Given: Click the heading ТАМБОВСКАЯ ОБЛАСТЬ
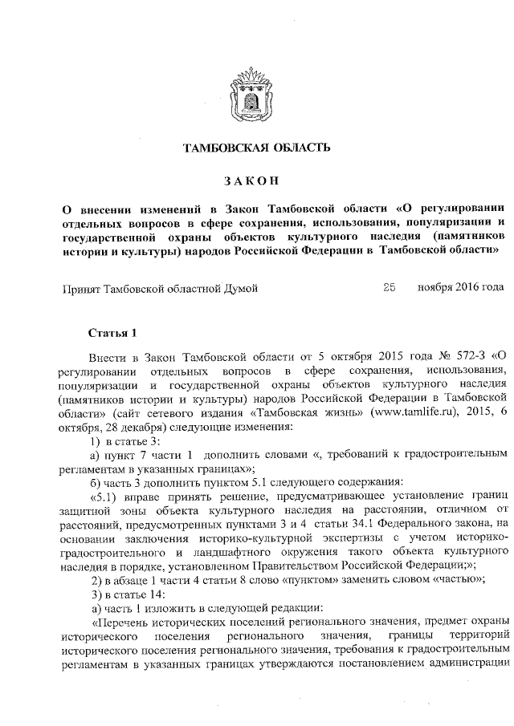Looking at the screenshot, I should (x=257, y=148).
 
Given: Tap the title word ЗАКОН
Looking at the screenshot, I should (x=257, y=180).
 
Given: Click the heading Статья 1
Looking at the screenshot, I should (x=112, y=333).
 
